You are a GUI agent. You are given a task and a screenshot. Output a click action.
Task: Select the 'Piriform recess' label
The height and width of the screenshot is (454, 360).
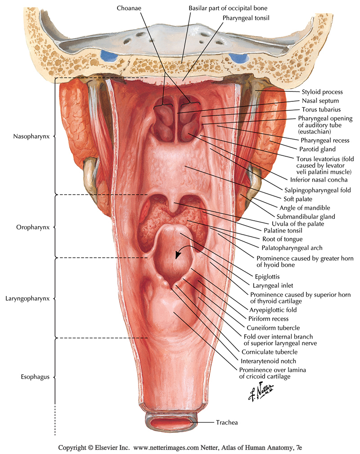click(x=269, y=319)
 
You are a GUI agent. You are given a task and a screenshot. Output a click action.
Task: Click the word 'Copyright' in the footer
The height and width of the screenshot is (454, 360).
click(x=73, y=448)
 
